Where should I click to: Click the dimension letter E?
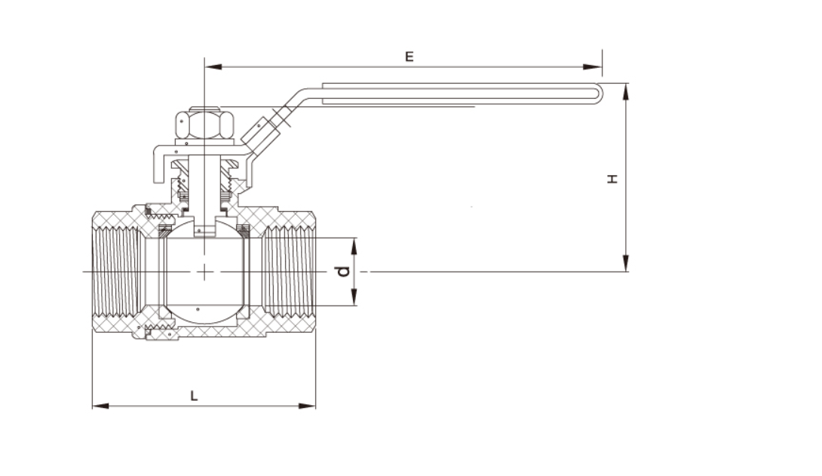pos(409,57)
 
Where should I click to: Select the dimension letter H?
pos(613,178)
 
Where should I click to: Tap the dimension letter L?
pos(194,395)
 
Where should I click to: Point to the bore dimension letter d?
pos(344,270)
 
